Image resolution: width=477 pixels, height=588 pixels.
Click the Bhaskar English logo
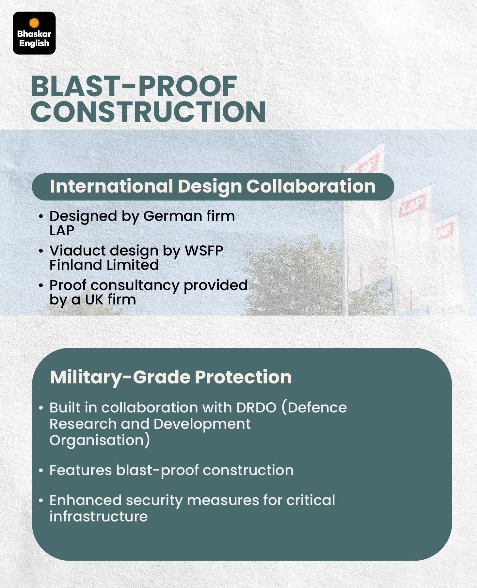click(x=34, y=33)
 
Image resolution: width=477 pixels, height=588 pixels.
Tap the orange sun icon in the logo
click(x=34, y=23)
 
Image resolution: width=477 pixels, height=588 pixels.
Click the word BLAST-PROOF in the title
click(x=134, y=86)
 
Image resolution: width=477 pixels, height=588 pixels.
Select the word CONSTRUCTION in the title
click(x=148, y=112)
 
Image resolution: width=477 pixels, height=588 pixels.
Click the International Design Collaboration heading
click(x=213, y=187)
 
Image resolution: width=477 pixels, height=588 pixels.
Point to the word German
click(x=172, y=216)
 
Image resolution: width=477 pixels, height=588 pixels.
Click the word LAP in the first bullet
click(x=62, y=231)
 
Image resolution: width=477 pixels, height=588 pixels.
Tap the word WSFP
click(x=204, y=251)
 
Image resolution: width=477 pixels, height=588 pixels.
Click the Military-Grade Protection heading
click(x=171, y=377)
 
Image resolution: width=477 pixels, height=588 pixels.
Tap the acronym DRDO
click(x=256, y=408)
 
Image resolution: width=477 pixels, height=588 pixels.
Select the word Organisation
click(x=97, y=440)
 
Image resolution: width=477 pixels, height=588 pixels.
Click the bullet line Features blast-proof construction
click(x=171, y=471)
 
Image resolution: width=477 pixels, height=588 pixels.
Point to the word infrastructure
click(x=99, y=517)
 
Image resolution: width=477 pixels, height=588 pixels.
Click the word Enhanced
click(x=86, y=500)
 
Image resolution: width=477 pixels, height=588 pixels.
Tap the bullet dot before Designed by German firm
click(x=41, y=217)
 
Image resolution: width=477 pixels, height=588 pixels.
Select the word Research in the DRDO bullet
click(x=83, y=424)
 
